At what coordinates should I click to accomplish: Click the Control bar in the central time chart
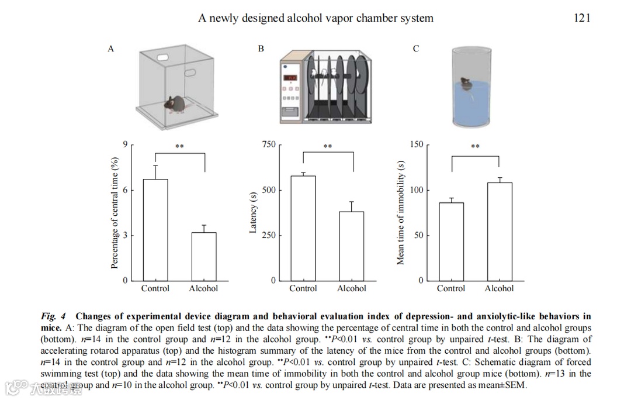155,230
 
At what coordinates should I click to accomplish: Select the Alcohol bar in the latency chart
351,246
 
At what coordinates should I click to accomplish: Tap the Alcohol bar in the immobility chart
499,232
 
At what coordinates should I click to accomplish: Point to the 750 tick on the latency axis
268,144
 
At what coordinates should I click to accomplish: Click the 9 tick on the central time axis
124,144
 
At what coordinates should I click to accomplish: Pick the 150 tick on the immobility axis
416,144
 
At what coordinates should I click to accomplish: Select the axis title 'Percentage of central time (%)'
115,213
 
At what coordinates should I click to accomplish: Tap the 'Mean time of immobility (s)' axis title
401,213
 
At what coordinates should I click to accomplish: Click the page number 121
582,18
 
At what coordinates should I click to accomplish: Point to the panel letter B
261,49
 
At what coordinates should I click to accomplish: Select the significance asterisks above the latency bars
328,147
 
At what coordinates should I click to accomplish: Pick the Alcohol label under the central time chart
203,288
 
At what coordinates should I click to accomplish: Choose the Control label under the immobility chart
451,288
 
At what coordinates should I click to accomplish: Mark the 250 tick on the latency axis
268,235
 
